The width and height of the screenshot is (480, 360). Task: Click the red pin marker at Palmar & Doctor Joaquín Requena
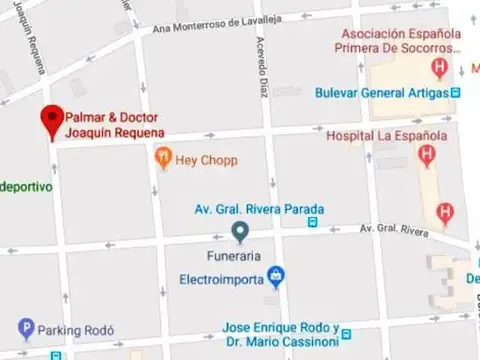(51, 120)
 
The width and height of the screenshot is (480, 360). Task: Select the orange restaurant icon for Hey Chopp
(163, 157)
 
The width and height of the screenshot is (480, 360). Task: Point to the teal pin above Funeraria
(239, 233)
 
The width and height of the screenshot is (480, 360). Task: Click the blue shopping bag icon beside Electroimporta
(276, 276)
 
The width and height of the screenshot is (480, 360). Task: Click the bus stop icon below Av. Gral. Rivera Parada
(314, 222)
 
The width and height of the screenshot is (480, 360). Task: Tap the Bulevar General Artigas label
(380, 93)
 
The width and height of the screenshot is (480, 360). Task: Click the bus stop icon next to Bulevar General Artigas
(456, 93)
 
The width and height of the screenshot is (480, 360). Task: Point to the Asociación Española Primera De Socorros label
(398, 38)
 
